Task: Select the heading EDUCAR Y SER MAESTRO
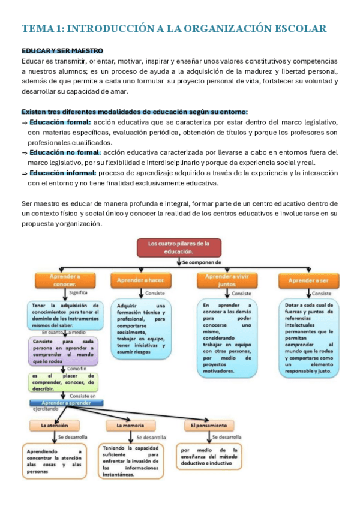(62, 51)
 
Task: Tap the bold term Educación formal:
(59, 121)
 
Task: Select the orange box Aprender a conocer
(66, 280)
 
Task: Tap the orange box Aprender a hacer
(142, 280)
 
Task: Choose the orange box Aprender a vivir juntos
(227, 280)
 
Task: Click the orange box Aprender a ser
(308, 280)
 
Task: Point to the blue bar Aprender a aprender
(66, 403)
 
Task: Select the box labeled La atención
(55, 426)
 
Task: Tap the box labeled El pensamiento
(206, 426)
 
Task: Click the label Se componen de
(202, 262)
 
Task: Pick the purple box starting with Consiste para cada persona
(63, 351)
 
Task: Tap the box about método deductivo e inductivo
(209, 457)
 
